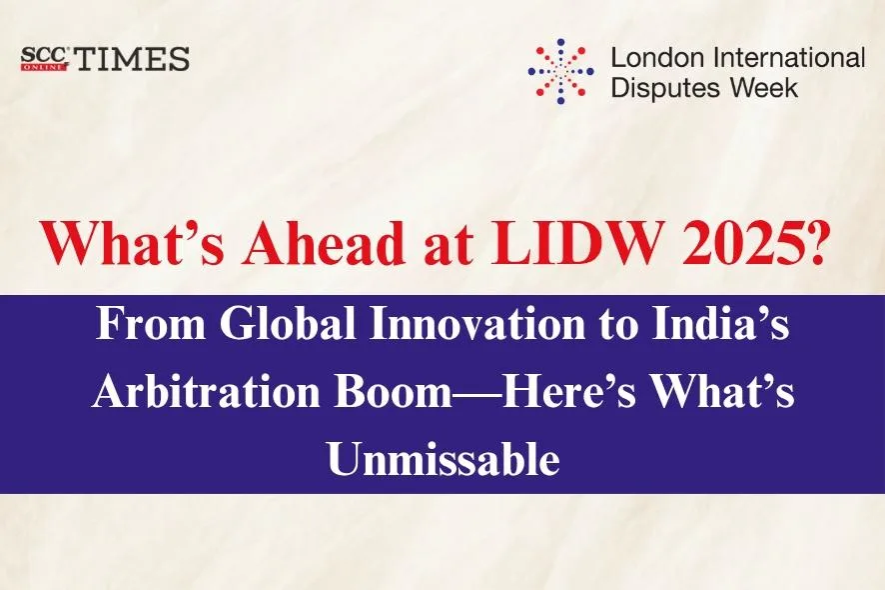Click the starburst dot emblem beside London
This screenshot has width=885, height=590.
point(560,70)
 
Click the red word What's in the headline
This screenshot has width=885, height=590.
point(116,244)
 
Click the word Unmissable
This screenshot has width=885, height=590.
point(442,459)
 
